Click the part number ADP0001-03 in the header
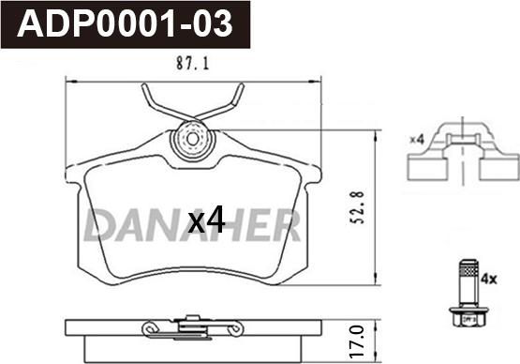point(125,23)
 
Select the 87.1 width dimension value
point(193,63)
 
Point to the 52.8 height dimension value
point(359,207)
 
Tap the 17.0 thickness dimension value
point(359,341)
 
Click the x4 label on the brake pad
point(206,220)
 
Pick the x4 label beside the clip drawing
point(417,140)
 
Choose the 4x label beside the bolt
point(489,280)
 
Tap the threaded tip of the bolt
point(468,265)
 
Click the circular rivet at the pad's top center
point(192,140)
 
